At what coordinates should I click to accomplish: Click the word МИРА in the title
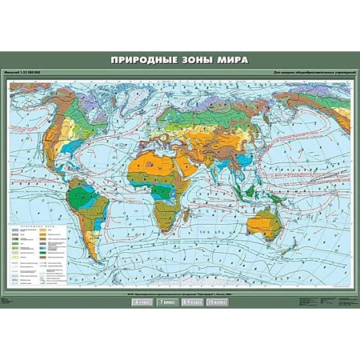[232, 60]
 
